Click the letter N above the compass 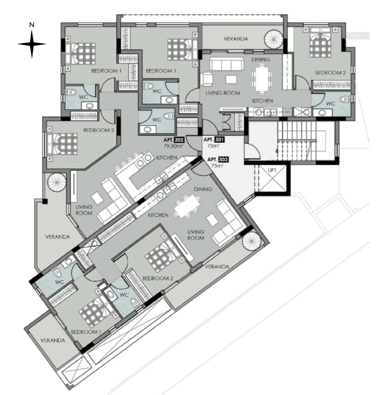click(31, 25)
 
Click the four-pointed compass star click(32, 44)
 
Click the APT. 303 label click(216, 159)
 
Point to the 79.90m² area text click(174, 146)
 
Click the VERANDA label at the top click(236, 39)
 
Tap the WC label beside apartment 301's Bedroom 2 click(330, 103)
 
